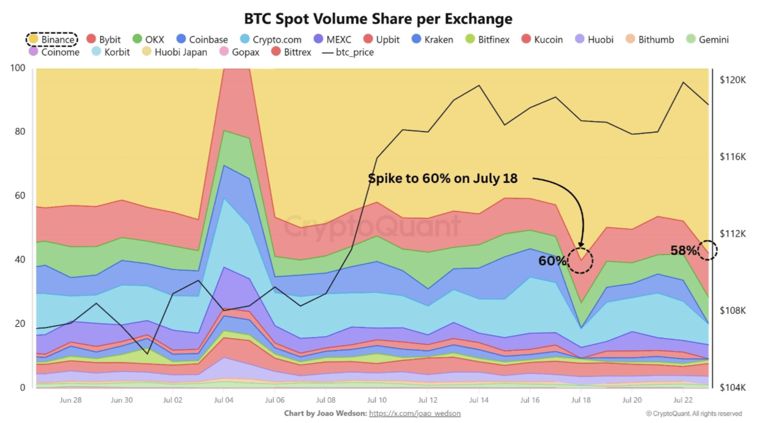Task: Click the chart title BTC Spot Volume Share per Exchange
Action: click(378, 19)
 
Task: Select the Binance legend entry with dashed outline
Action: click(52, 39)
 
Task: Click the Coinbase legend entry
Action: click(202, 40)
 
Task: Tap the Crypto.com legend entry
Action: click(271, 40)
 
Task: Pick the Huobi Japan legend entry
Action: click(175, 52)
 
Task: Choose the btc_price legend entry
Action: click(348, 52)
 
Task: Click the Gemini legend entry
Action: click(708, 40)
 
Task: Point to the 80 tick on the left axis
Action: click(20, 132)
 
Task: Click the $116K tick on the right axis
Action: click(732, 157)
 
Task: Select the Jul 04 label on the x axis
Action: click(224, 400)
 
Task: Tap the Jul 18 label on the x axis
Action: click(581, 400)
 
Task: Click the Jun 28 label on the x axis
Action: click(71, 400)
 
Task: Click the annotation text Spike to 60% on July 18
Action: click(442, 179)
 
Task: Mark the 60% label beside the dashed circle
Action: click(552, 261)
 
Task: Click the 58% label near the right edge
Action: click(683, 251)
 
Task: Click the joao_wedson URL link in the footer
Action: click(415, 414)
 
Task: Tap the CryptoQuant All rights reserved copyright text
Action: click(694, 414)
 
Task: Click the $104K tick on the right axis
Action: click(732, 387)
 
